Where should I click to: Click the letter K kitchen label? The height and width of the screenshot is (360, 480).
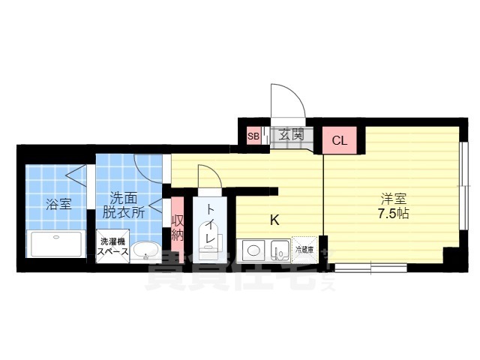(274, 220)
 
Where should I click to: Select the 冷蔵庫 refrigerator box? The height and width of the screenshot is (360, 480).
(304, 248)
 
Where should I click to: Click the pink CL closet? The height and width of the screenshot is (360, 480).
(340, 139)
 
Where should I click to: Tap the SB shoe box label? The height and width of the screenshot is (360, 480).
(253, 136)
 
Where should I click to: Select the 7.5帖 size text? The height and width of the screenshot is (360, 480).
(392, 213)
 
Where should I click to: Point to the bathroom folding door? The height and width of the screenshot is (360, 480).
(79, 177)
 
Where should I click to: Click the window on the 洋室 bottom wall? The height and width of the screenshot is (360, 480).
(370, 266)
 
